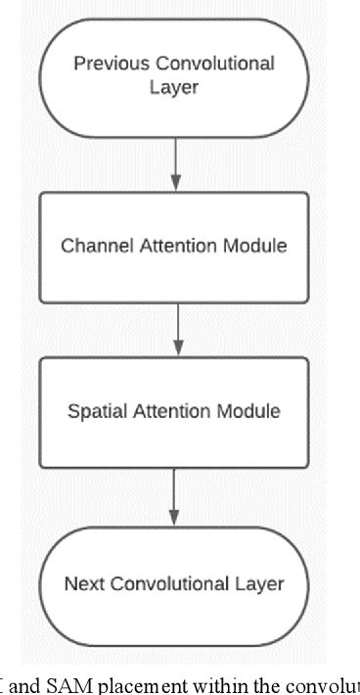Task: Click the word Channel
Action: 92,246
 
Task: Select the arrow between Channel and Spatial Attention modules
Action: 176,329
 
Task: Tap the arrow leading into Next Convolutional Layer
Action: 175,496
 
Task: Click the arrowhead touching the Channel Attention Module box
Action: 174,185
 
